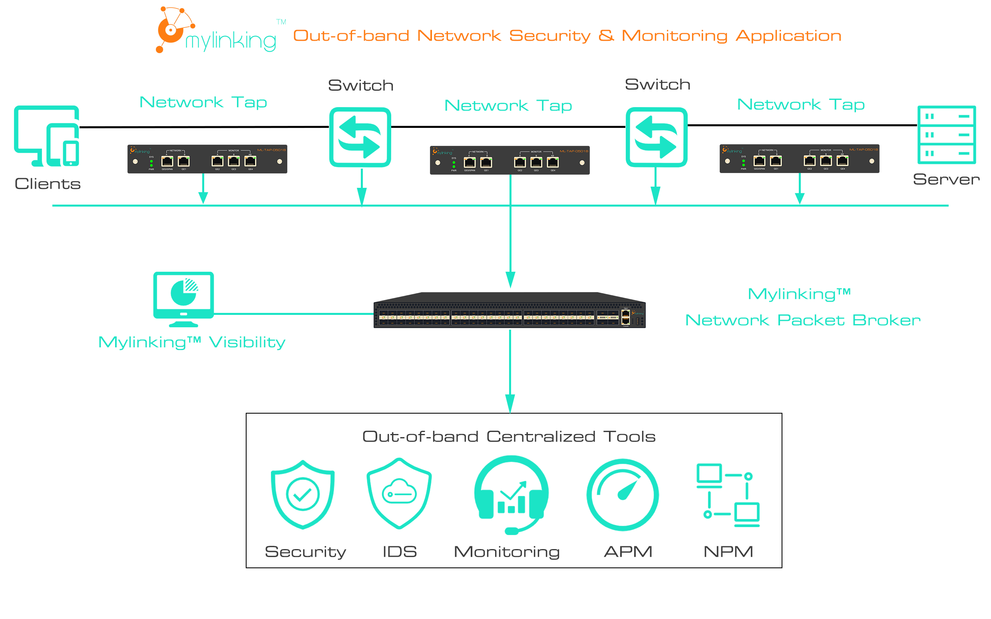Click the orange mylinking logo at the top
point(216,31)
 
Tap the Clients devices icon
point(47,136)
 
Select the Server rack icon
point(946,135)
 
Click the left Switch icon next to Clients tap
point(360,137)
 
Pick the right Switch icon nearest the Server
point(656,137)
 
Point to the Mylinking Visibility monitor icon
point(183,299)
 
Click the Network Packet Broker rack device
point(509,310)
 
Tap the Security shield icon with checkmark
point(302,494)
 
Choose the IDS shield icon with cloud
point(399,493)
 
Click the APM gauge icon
point(622,495)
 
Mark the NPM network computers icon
point(728,495)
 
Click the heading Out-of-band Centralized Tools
point(509,437)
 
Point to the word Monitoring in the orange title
point(674,36)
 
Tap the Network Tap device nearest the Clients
point(207,159)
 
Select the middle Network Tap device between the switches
point(509,160)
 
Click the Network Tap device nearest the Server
point(799,158)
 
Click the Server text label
point(946,179)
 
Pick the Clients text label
point(48,184)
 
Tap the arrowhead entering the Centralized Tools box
point(510,404)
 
